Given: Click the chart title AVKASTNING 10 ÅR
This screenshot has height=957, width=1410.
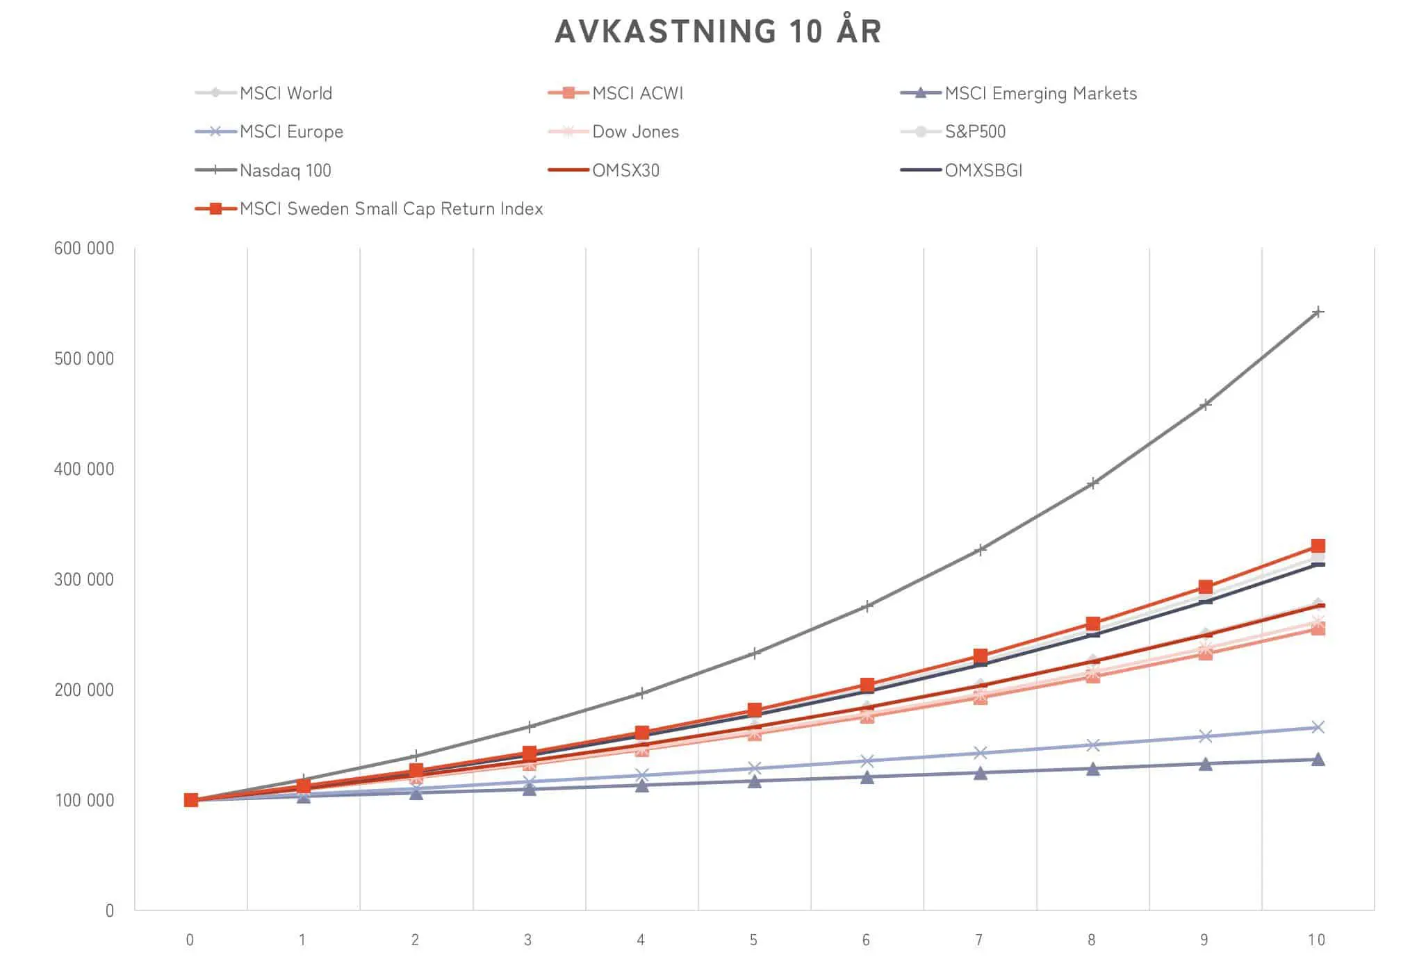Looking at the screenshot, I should (718, 32).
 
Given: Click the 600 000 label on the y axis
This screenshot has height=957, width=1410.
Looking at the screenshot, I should (84, 249).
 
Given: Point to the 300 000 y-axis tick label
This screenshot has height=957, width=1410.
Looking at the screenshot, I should (84, 579).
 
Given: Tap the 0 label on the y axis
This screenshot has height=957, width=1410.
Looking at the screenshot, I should (109, 910).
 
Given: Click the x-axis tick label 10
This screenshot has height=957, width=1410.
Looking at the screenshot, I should (1316, 940).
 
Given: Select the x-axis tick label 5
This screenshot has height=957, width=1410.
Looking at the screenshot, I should (753, 940).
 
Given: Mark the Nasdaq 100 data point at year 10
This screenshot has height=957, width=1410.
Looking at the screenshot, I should (1318, 313).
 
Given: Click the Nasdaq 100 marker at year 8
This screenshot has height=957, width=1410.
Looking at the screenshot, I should (1092, 483).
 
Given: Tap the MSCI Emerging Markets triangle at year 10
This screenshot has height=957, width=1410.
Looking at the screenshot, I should (1318, 759).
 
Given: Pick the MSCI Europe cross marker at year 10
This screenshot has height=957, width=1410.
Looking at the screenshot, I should (1318, 727).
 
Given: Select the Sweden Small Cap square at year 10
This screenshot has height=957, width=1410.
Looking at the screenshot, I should (1318, 546).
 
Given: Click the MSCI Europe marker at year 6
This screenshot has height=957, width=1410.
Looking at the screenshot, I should (867, 761).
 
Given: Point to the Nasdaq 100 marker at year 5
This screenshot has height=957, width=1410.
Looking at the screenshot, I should (755, 654).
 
